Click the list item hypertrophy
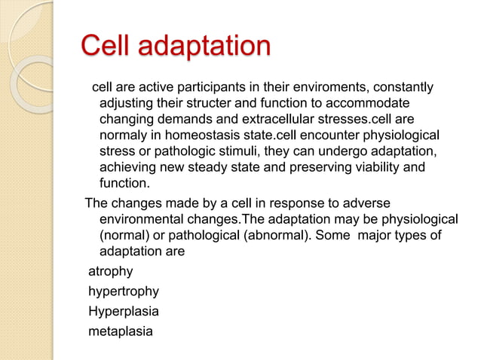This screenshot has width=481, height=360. pos(124,291)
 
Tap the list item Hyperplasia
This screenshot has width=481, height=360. pos(124,310)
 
